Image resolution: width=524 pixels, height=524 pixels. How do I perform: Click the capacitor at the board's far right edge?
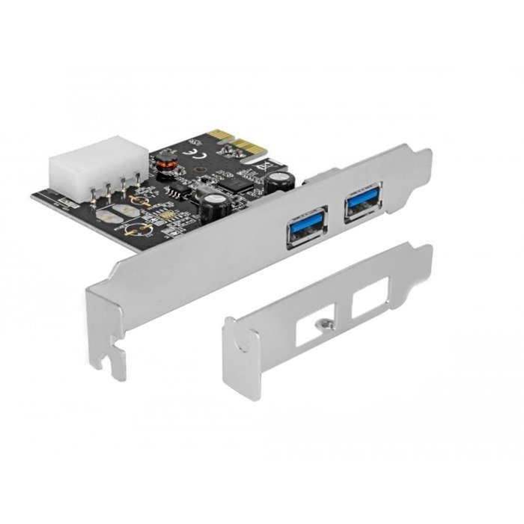pyautogui.click(x=281, y=180)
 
